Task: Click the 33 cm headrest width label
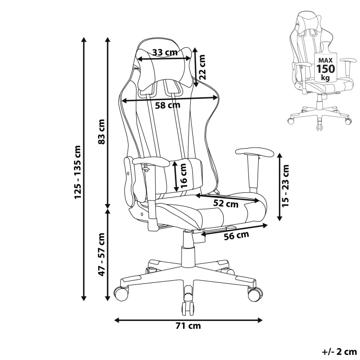[x=165, y=52]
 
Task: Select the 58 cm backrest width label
[x=167, y=105]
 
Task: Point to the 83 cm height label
[x=101, y=132]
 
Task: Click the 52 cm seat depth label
[x=226, y=203]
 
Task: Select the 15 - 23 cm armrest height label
[x=286, y=186]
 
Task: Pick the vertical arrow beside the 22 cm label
[x=195, y=67]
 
